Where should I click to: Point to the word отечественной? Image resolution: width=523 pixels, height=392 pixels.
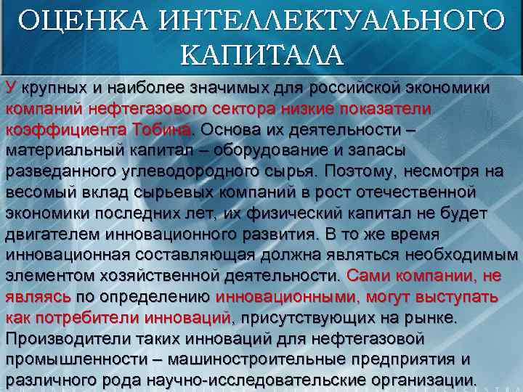click(x=421, y=193)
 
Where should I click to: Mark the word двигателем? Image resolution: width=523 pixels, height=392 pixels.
click(x=49, y=235)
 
